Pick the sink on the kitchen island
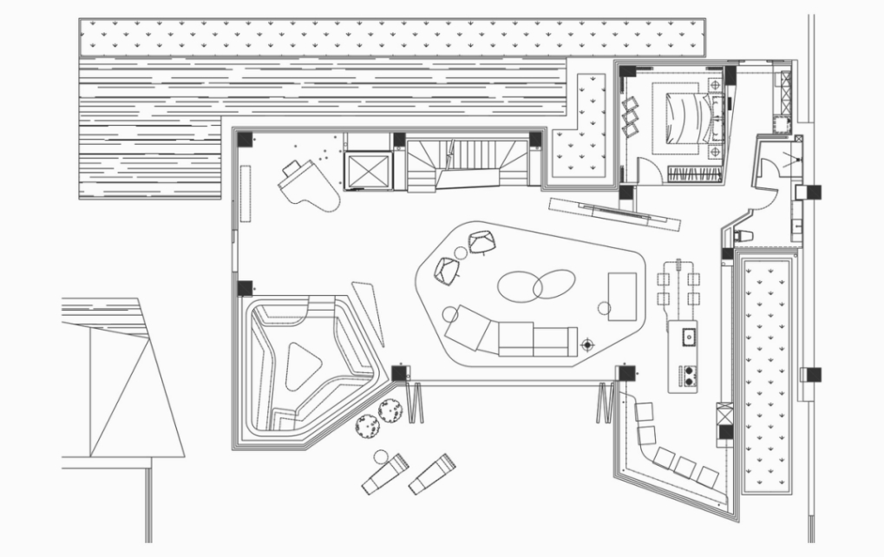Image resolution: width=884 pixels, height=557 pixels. [691, 334]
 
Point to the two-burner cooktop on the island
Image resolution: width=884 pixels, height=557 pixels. [691, 375]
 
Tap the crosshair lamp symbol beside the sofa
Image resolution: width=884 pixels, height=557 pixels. [587, 344]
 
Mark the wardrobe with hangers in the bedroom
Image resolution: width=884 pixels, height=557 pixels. [694, 172]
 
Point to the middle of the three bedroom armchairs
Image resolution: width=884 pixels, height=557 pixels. [631, 115]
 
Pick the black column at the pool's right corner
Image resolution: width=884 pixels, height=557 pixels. [400, 372]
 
